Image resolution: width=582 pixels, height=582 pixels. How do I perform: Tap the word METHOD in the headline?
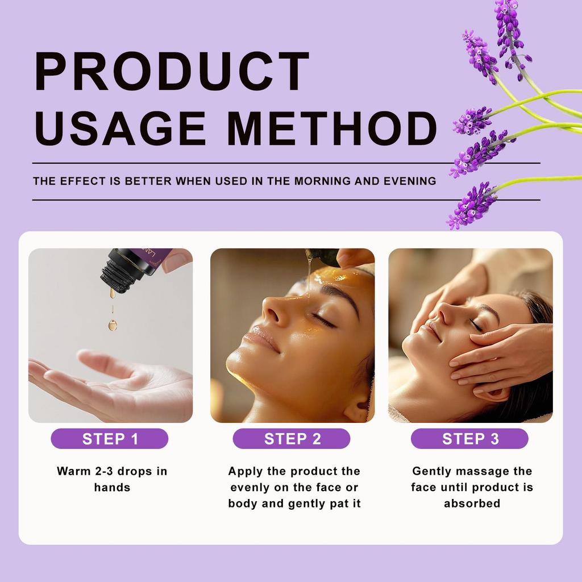(x=332, y=129)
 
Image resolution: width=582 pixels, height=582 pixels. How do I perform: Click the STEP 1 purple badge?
(x=110, y=439)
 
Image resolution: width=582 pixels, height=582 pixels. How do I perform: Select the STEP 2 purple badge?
(x=292, y=439)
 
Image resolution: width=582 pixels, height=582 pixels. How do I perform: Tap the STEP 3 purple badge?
(x=470, y=439)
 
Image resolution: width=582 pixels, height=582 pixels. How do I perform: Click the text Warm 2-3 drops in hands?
(x=112, y=479)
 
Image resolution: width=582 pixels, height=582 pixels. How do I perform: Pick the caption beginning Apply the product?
(x=294, y=487)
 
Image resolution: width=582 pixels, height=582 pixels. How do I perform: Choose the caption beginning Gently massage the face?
(x=472, y=487)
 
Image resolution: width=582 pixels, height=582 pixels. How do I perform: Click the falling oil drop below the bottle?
(x=113, y=325)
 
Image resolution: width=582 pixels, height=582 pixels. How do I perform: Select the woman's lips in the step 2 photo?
(x=259, y=341)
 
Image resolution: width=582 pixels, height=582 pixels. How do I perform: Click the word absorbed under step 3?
(x=472, y=504)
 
